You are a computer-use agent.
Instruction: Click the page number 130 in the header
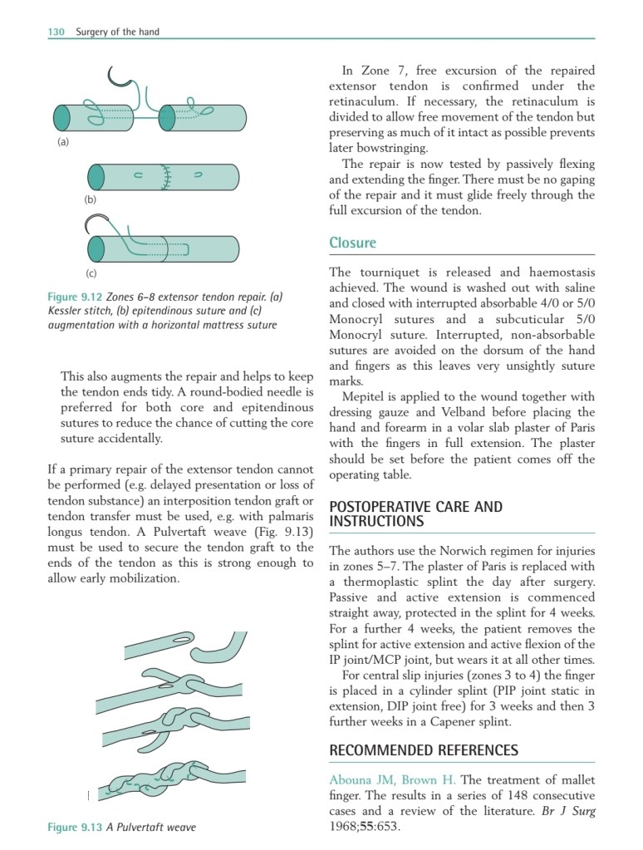[x=56, y=32]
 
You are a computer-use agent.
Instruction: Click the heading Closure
[x=352, y=243]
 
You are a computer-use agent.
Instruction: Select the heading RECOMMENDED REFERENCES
[x=424, y=750]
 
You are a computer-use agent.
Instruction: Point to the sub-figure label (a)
[x=62, y=142]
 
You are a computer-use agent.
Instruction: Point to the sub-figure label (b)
[x=91, y=200]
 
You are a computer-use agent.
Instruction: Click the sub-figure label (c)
[x=91, y=273]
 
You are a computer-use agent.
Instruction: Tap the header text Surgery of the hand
[x=117, y=32]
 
